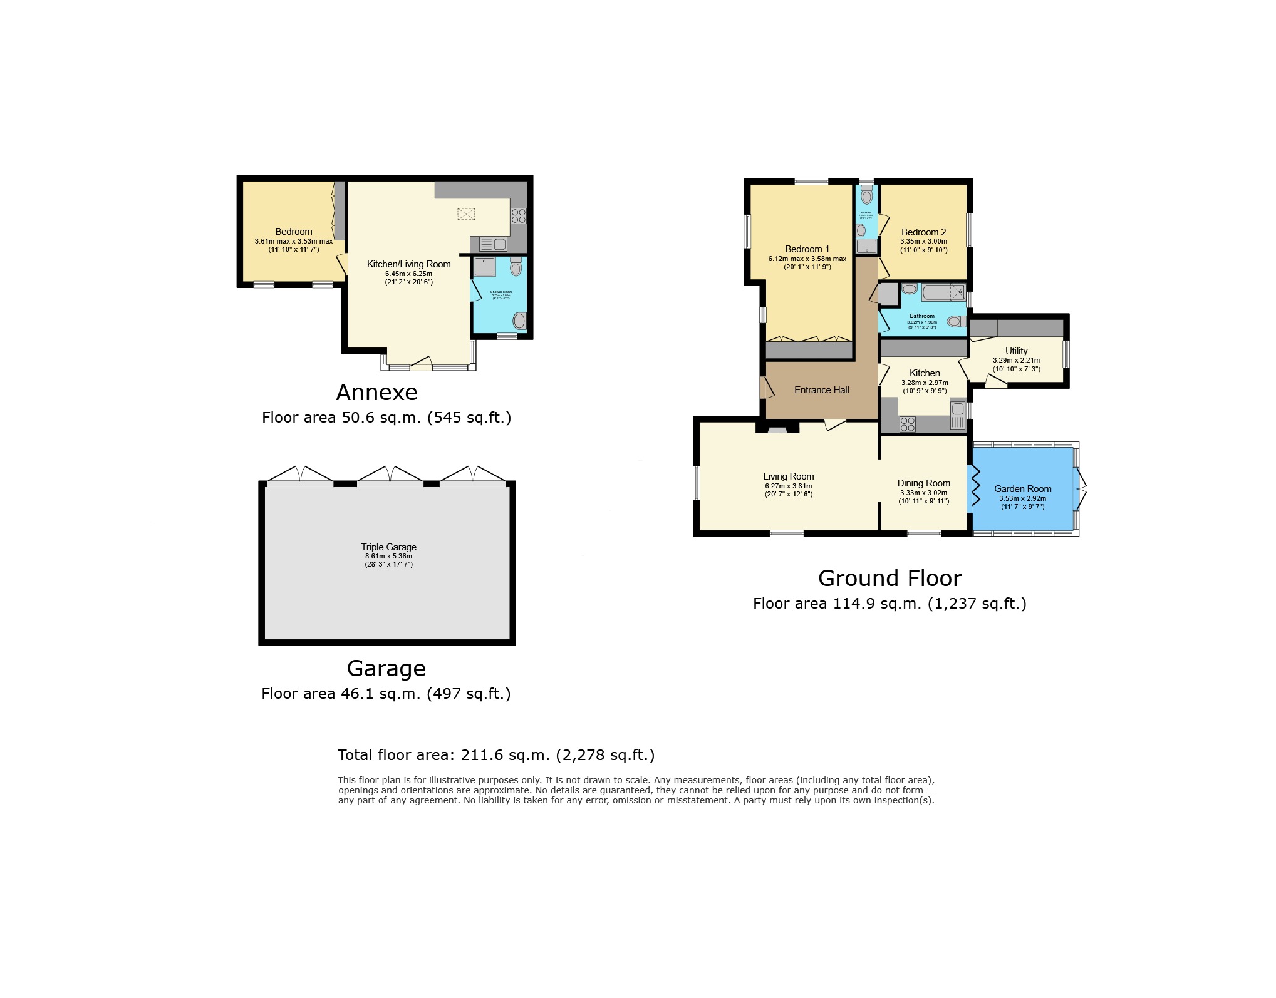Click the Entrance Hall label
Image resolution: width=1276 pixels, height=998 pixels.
click(x=821, y=390)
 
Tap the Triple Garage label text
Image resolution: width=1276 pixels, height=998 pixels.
click(x=388, y=547)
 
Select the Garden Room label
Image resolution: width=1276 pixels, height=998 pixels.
click(x=1022, y=489)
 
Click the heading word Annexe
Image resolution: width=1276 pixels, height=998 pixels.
click(x=376, y=393)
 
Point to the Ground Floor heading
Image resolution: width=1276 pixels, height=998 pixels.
click(x=890, y=578)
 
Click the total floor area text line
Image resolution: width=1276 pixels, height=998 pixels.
click(x=495, y=755)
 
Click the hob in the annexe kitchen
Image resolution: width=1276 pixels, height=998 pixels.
click(x=518, y=216)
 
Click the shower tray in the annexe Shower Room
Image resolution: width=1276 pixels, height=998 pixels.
click(x=484, y=267)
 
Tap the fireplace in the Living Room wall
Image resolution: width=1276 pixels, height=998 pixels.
click(x=777, y=430)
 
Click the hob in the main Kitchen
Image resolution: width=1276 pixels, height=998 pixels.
click(x=907, y=424)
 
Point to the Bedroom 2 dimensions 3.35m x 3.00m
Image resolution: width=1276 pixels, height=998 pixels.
click(x=923, y=242)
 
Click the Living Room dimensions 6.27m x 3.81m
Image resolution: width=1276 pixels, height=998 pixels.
click(x=788, y=486)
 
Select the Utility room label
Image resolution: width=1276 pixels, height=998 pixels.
click(x=1016, y=351)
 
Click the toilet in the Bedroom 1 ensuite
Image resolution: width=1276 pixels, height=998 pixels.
click(x=866, y=196)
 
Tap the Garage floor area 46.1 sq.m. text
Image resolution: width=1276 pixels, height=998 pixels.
click(x=385, y=694)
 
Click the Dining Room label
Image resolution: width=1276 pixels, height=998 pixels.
click(x=923, y=483)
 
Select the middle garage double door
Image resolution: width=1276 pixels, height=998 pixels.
click(x=390, y=474)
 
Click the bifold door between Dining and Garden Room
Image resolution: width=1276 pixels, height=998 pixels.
click(x=975, y=487)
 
